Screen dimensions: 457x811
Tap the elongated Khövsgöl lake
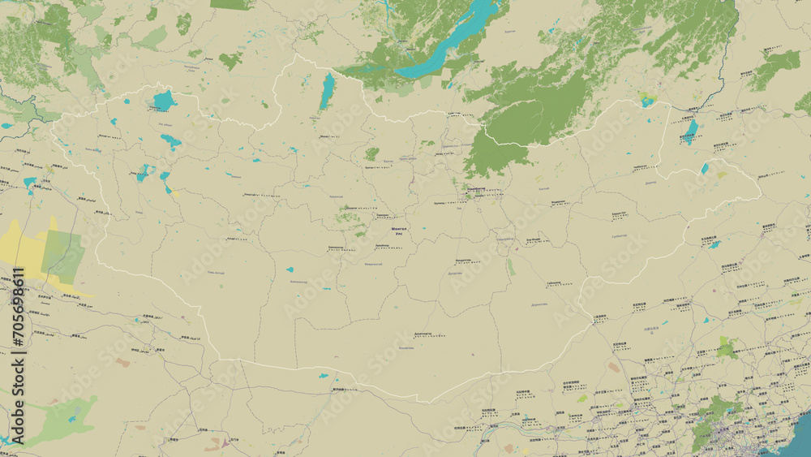pyautogui.click(x=327, y=90)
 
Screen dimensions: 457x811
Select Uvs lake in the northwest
pyautogui.click(x=164, y=101)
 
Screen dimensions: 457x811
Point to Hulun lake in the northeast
pyautogui.click(x=689, y=131)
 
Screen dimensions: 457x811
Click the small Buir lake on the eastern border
pyautogui.click(x=704, y=169)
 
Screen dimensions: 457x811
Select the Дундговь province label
pyautogui.click(x=455, y=274)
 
